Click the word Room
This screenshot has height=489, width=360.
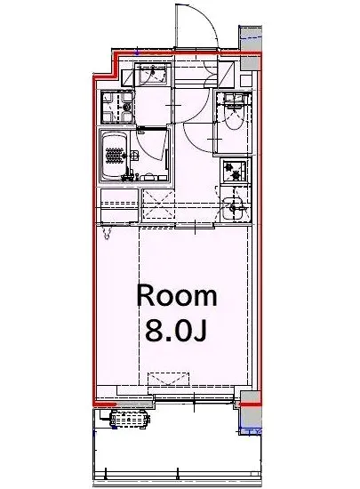point(176,296)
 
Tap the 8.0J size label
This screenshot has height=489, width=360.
point(176,331)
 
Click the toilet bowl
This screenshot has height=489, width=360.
point(235,117)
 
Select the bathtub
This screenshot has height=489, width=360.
point(114,156)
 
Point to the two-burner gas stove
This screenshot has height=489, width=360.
point(236,171)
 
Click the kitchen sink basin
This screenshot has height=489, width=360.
point(232,208)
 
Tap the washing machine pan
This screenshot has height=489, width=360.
point(117,107)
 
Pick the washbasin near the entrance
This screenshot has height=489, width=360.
point(152,73)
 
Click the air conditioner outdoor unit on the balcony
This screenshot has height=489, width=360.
point(130,419)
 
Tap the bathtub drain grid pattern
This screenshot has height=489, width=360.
point(115,156)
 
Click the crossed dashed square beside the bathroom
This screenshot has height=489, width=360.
point(158,204)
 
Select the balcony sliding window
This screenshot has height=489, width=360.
point(194,397)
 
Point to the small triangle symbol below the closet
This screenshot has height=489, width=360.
point(107,233)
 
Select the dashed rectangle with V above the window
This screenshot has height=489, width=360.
point(169,378)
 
